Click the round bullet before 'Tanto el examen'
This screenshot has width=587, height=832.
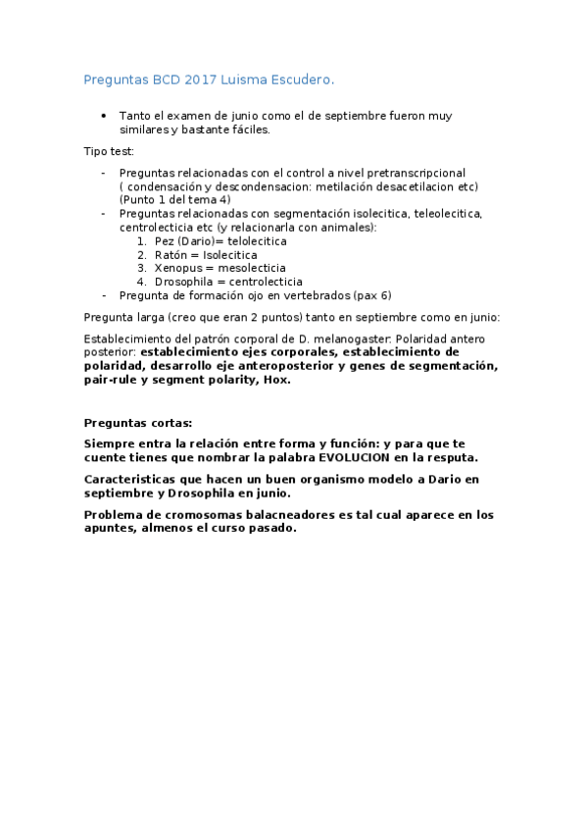(x=105, y=115)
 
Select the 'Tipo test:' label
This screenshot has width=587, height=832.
(x=109, y=151)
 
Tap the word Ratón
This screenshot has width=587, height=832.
(x=172, y=254)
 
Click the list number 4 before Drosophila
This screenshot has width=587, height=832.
(x=141, y=282)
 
